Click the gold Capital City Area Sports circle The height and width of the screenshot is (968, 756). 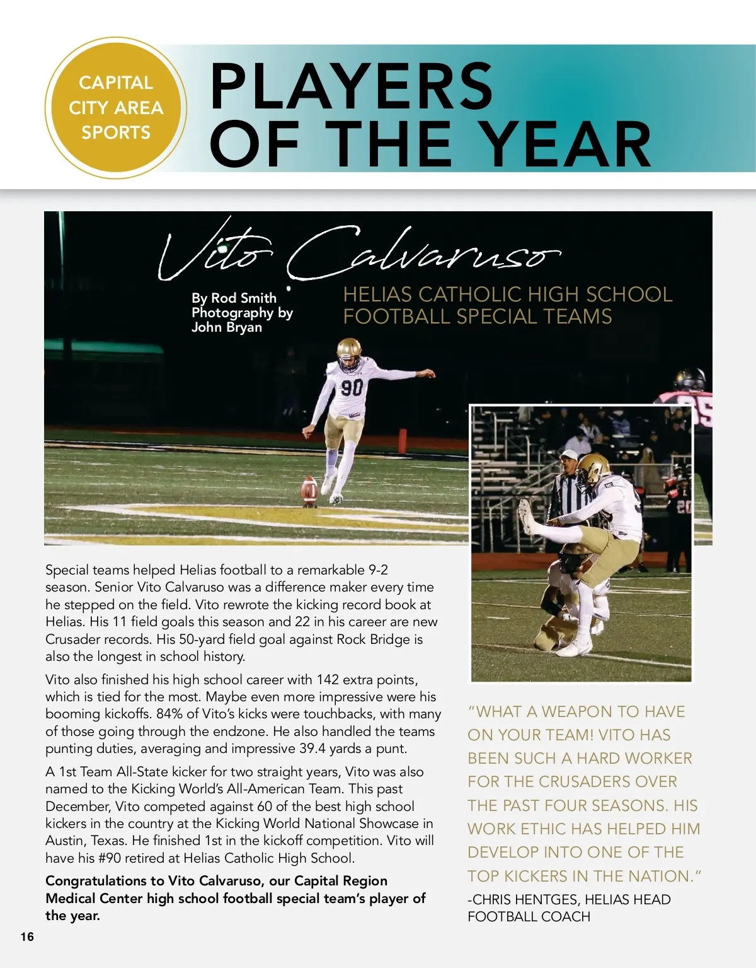tap(116, 107)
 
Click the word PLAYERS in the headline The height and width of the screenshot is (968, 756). tap(352, 86)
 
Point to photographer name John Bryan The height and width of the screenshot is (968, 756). tap(227, 327)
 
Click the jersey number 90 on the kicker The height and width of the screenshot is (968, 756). tap(352, 387)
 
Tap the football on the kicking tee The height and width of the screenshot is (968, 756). tap(309, 488)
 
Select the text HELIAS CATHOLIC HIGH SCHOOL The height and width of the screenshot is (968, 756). tap(507, 294)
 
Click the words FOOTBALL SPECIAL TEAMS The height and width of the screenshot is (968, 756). tap(477, 316)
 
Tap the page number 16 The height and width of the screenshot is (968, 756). tap(27, 936)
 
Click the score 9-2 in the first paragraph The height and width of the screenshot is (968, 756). tap(377, 570)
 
